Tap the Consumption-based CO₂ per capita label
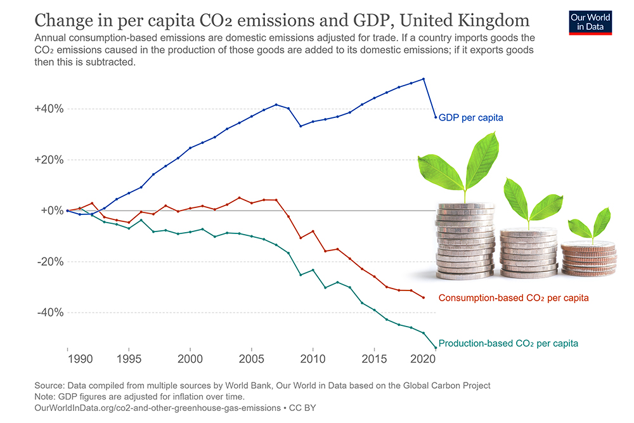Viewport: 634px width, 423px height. click(x=514, y=297)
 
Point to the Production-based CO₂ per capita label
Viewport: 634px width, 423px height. click(x=508, y=343)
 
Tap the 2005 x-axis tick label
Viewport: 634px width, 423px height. click(x=252, y=360)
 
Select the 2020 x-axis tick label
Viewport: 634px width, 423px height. click(x=424, y=360)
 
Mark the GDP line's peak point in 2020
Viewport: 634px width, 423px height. click(x=424, y=79)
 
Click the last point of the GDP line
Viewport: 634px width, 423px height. click(x=436, y=117)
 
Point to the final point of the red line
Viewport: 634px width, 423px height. click(x=424, y=297)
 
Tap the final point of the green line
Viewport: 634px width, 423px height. click(x=436, y=348)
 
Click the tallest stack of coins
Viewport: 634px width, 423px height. click(x=465, y=241)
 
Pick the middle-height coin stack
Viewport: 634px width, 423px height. click(x=529, y=252)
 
